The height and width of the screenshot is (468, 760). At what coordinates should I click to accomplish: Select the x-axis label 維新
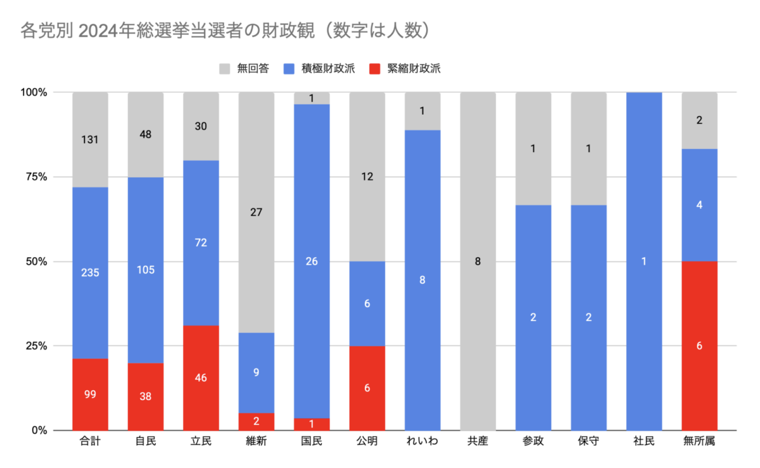256,441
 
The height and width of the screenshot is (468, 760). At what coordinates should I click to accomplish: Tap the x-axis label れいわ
422,441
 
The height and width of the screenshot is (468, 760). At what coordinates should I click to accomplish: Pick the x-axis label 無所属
699,441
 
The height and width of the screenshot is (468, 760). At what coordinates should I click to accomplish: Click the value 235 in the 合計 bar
90,273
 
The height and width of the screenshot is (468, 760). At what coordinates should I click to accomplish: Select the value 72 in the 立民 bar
201,243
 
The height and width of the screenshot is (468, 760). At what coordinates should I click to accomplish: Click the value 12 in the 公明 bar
367,177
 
